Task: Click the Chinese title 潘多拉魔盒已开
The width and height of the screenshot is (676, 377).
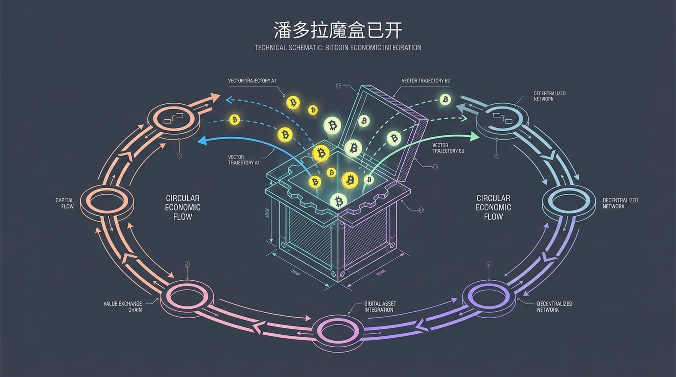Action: (338, 30)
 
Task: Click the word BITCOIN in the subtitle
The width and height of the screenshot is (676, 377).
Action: (337, 48)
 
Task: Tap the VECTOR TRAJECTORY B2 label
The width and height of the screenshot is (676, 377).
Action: (426, 81)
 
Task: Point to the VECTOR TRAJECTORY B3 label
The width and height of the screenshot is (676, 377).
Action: (448, 148)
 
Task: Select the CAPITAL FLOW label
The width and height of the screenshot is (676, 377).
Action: (65, 203)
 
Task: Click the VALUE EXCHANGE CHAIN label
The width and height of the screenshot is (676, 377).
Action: (123, 306)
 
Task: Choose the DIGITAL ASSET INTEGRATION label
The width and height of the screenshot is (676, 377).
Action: (380, 306)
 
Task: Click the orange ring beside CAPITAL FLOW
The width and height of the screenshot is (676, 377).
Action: (107, 202)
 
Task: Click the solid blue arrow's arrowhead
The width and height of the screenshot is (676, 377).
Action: (202, 141)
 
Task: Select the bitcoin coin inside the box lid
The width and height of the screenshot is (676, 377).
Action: (364, 121)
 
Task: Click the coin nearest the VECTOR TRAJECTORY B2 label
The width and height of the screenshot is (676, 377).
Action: (445, 99)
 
